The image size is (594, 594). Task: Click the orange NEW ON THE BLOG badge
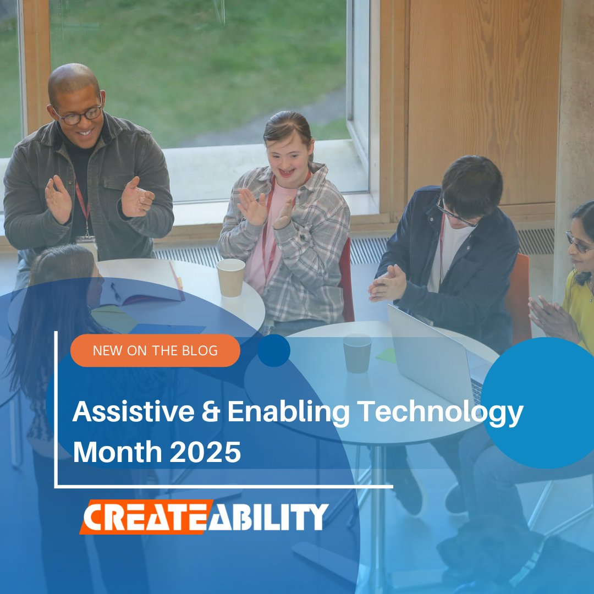tap(155, 350)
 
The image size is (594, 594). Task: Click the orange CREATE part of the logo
tap(145, 517)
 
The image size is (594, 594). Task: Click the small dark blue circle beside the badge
tap(273, 350)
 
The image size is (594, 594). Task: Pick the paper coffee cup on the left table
tap(231, 277)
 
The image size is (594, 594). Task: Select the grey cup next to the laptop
tap(357, 353)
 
